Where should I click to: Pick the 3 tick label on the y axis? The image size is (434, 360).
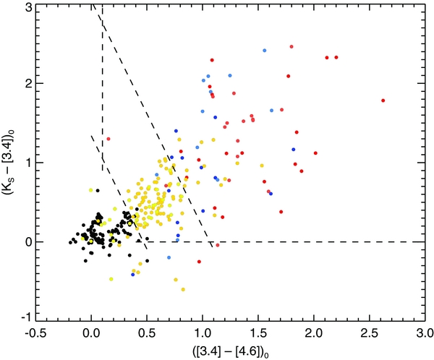click(x=27, y=7)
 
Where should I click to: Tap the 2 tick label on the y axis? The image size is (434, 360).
click(x=27, y=84)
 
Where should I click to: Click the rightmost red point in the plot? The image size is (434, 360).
click(x=383, y=100)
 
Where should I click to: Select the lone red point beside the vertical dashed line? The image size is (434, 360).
click(x=108, y=138)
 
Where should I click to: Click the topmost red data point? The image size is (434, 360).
click(x=292, y=47)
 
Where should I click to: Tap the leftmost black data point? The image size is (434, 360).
click(x=70, y=242)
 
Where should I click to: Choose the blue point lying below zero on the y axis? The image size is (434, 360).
click(x=133, y=275)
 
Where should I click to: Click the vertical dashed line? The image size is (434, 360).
click(x=103, y=87)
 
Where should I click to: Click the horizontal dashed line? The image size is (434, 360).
click(x=325, y=241)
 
